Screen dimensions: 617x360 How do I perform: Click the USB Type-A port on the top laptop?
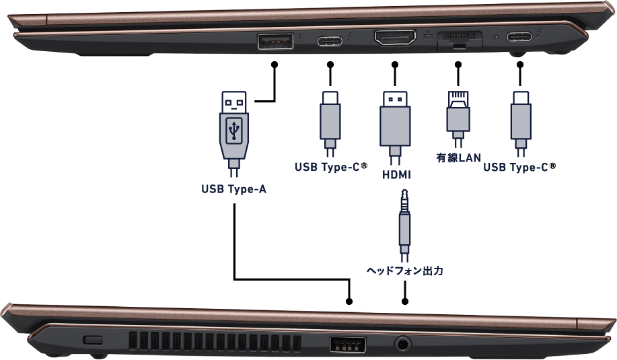275,41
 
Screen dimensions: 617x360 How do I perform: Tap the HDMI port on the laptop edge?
395,38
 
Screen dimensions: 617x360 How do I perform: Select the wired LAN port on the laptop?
460,40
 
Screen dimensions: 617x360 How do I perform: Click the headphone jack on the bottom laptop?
402,345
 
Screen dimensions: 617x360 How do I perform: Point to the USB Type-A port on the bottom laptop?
347,345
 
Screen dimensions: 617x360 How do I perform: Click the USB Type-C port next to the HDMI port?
330,40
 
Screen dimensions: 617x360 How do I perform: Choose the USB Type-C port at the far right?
519,37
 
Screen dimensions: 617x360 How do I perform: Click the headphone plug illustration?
404,225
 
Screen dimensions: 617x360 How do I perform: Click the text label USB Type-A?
233,189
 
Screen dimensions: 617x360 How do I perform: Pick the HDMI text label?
396,174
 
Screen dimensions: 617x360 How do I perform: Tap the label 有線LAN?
458,157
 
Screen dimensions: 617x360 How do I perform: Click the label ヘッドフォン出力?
405,271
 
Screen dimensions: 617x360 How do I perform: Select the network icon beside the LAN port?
429,35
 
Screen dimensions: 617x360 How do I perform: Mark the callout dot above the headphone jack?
404,301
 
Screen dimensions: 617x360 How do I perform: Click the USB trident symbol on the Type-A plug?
233,131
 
